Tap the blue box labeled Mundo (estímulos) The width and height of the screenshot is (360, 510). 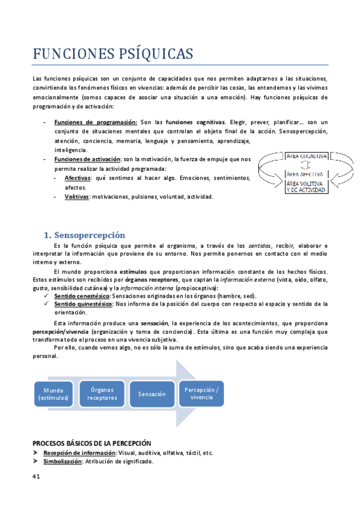[53, 394]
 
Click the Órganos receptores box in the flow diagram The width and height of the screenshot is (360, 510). [102, 393]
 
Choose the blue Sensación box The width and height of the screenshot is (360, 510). [151, 394]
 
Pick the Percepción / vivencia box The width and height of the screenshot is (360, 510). [201, 393]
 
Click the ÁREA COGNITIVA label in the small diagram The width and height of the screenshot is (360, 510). [307, 156]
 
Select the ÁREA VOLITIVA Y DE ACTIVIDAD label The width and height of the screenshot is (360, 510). [306, 186]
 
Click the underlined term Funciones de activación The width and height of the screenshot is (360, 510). [87, 159]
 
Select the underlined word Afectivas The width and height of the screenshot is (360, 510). [78, 178]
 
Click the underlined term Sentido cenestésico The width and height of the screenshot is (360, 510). [81, 295]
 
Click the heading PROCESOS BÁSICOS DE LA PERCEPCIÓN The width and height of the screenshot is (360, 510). [91, 443]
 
